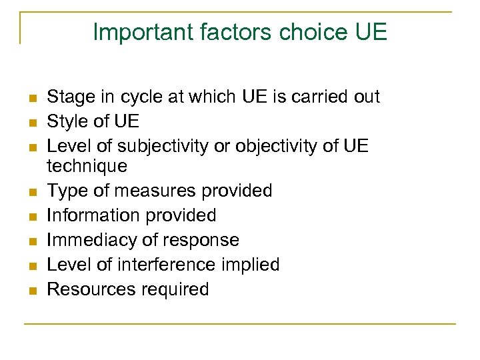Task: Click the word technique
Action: point(87,165)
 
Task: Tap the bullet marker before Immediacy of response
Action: point(31,241)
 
